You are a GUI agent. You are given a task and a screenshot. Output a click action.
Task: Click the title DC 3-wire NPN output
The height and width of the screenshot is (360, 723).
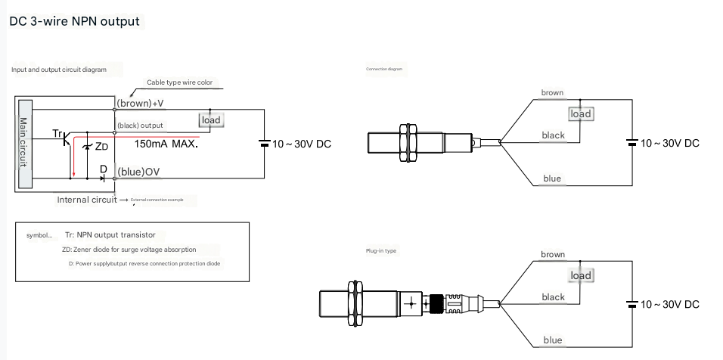(x=74, y=21)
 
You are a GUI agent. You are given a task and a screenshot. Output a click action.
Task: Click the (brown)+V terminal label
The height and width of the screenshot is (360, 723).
(x=140, y=103)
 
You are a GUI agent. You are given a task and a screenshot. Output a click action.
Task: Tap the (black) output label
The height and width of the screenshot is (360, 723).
(x=140, y=126)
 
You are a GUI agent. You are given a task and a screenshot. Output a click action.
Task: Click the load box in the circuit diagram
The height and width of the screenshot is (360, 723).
(x=211, y=119)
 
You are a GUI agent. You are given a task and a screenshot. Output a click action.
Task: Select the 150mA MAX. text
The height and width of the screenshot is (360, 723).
(x=166, y=143)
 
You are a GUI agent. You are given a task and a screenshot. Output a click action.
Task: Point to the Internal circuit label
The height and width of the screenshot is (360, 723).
(x=87, y=200)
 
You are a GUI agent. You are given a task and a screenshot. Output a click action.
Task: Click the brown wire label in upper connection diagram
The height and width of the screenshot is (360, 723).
(x=552, y=93)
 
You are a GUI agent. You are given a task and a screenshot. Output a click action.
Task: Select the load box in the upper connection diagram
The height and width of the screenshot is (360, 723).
(x=581, y=113)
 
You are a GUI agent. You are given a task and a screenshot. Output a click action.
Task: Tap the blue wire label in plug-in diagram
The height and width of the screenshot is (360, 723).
(x=553, y=340)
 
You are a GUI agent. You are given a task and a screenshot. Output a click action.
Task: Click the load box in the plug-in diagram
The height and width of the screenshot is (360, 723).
(x=581, y=275)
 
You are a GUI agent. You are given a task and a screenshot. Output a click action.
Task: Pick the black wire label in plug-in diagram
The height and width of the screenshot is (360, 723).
(x=553, y=297)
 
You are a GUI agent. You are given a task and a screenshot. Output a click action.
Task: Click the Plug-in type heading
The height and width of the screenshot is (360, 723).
(x=381, y=250)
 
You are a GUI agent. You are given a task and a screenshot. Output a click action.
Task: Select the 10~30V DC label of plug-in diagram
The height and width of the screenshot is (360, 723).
(x=670, y=304)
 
